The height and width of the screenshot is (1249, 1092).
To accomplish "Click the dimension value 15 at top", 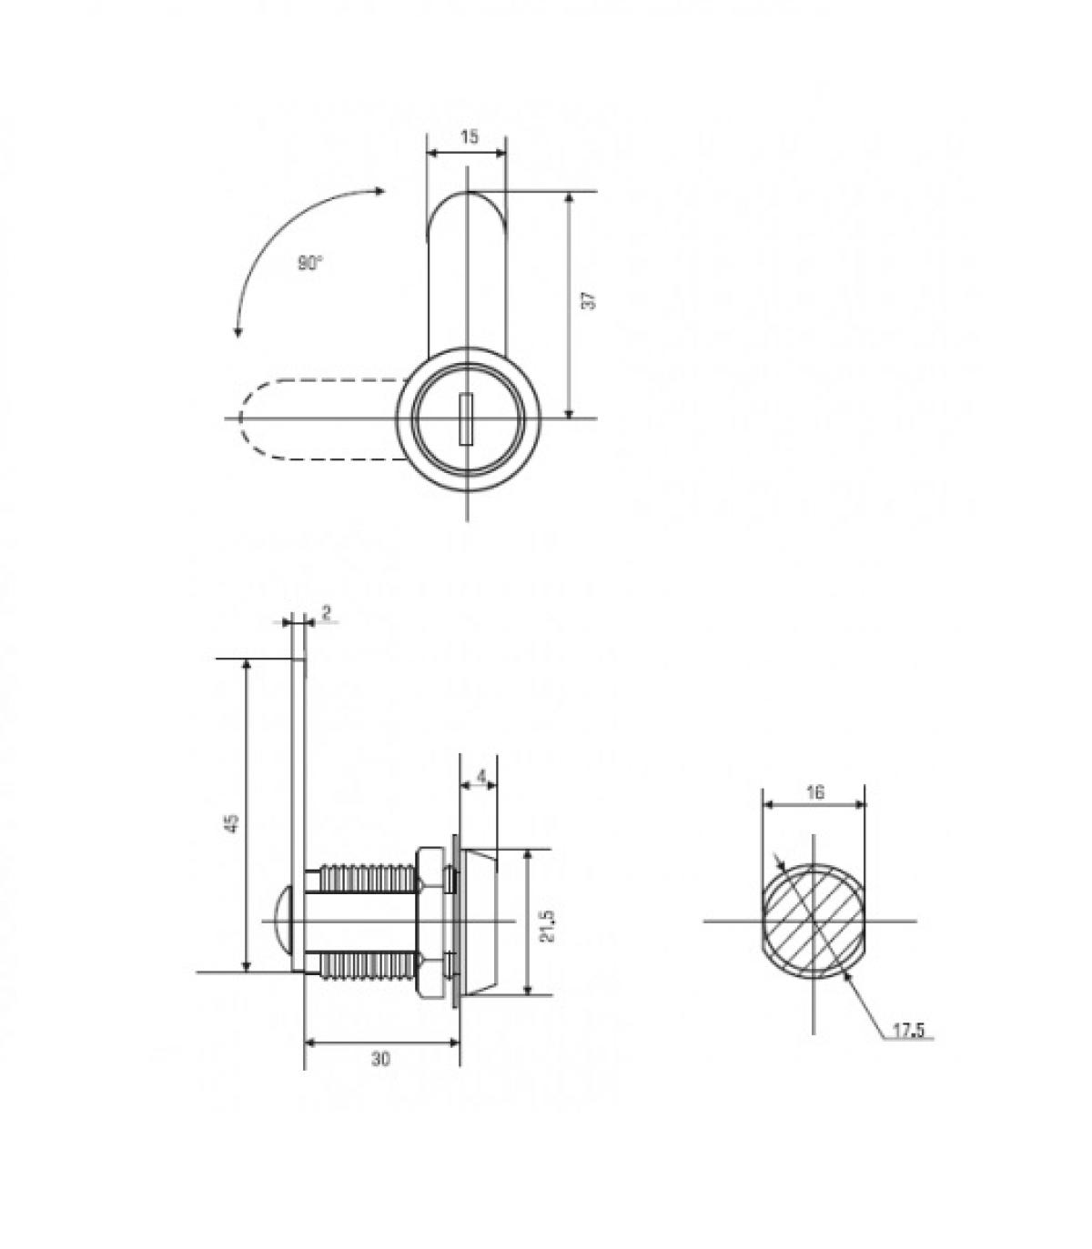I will coord(469,137).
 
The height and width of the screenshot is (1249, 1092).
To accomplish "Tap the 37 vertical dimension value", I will coord(589,301).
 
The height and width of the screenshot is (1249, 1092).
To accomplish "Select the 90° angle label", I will coord(309,264).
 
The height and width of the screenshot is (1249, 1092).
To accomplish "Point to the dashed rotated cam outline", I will coord(309,418).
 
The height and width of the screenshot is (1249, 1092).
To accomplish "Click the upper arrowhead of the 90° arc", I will coord(380,191).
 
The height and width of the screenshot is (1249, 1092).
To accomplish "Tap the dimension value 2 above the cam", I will coord(326,612).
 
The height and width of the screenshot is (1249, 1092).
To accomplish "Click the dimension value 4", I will coord(481,777).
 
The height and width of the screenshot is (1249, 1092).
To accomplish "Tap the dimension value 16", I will coord(815,791).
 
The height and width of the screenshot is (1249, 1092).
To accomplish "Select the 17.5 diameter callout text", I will coord(907,1030).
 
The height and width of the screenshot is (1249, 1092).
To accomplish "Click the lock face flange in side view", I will coord(480,921).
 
